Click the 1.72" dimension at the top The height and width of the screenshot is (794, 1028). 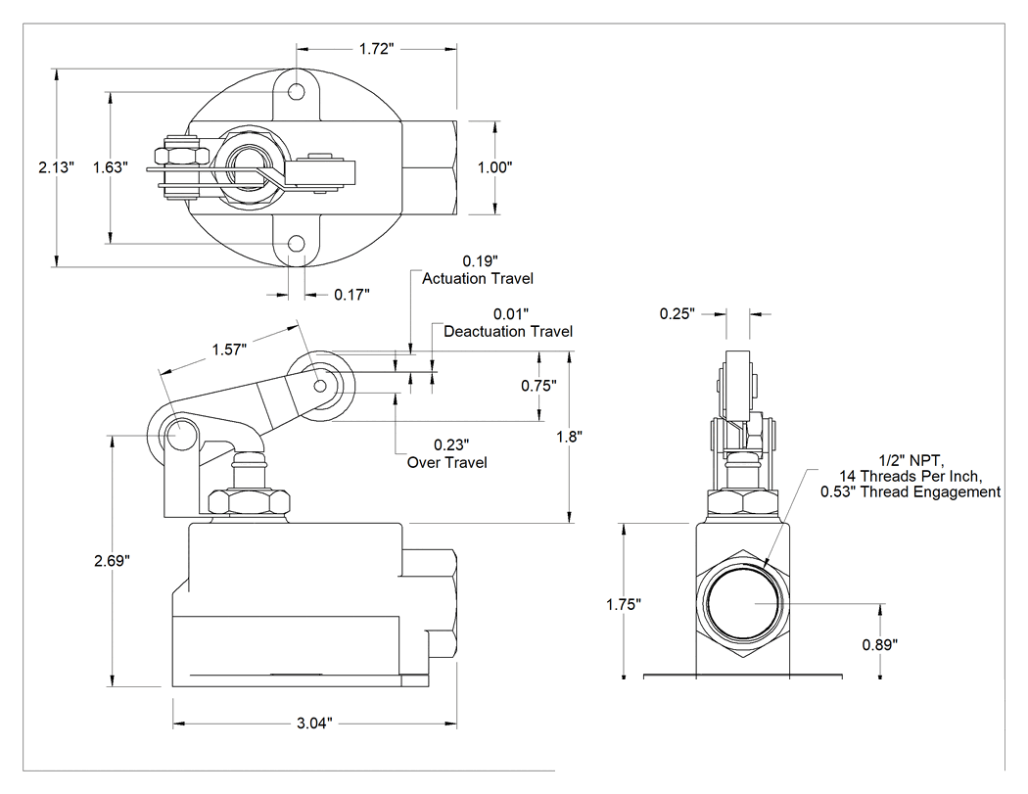click(376, 49)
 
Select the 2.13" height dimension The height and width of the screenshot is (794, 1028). click(57, 167)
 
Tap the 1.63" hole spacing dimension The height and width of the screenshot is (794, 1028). click(110, 167)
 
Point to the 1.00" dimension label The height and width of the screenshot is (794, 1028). click(495, 167)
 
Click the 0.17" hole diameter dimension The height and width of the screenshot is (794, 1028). click(352, 295)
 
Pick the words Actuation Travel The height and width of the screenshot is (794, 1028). click(478, 279)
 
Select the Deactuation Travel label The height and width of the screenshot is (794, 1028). click(508, 332)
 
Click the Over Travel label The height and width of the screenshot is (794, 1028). click(447, 463)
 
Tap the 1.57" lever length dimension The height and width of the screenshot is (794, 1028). click(229, 350)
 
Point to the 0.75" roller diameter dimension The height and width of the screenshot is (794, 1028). click(538, 386)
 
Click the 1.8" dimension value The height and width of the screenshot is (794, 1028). click(570, 437)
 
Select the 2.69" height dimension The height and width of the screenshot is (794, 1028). click(113, 561)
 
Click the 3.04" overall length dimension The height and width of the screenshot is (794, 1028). click(314, 724)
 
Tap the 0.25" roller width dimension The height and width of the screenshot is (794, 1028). click(678, 314)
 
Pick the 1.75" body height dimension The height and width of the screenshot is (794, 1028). click(624, 604)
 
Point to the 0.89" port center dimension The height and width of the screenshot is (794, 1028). click(880, 645)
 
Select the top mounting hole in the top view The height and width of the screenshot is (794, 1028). click(297, 91)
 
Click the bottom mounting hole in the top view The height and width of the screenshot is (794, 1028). click(297, 245)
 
